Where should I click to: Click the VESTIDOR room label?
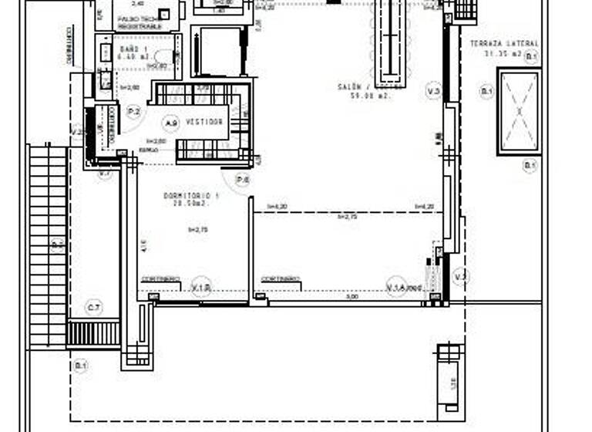pos(205,122)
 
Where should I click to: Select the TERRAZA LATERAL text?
pos(505,44)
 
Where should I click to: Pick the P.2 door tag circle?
pos(133,112)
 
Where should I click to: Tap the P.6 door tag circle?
pos(243,180)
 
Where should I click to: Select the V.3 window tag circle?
pos(433,93)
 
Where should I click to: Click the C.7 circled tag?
pos(94,309)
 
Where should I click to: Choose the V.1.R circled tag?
pos(202,286)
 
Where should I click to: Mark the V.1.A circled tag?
pos(396,287)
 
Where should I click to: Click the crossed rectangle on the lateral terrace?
pos(519,111)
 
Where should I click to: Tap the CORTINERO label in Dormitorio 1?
pos(161,278)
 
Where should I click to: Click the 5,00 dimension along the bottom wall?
pos(351,296)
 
